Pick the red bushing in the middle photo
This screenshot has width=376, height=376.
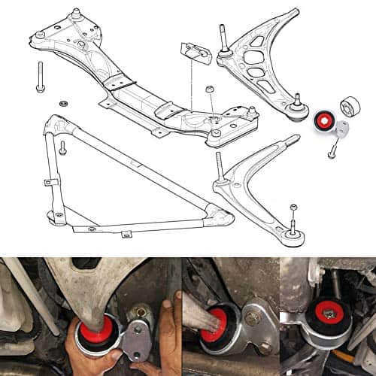point(225,317)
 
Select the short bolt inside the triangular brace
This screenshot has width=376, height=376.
point(62,149)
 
